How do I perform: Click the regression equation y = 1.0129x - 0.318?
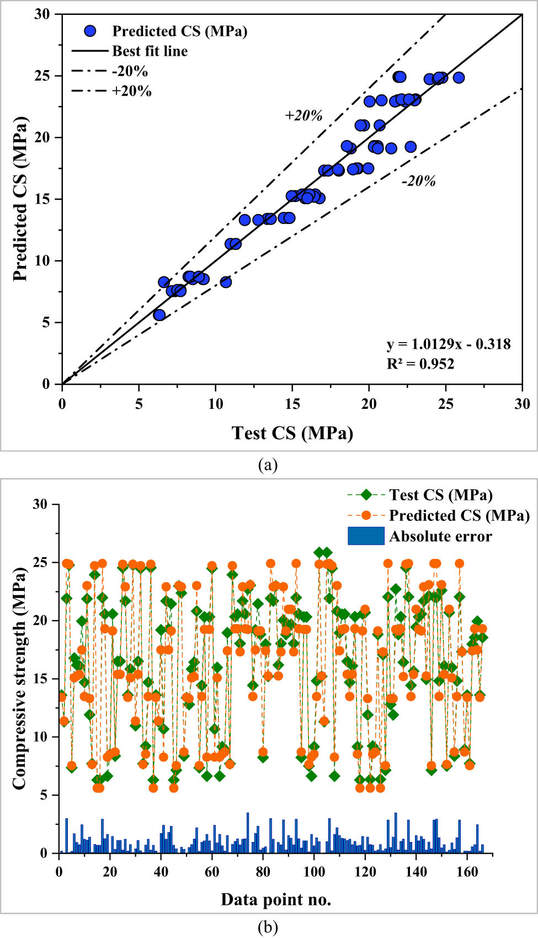tap(448, 344)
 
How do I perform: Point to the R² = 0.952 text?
tap(420, 364)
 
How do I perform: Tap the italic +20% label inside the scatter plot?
tap(303, 115)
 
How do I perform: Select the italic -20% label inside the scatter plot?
tap(418, 181)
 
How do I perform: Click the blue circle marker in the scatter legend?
tap(90, 31)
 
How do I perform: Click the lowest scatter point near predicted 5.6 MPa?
tap(159, 315)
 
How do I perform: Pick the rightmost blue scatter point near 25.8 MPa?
tap(459, 78)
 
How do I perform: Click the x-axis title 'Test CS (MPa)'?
tap(292, 433)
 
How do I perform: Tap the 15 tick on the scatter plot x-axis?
tap(292, 404)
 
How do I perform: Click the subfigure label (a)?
tap(268, 465)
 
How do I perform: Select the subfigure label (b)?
tap(268, 927)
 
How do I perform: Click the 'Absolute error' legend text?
tap(440, 536)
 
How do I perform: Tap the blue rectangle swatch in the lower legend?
tap(365, 536)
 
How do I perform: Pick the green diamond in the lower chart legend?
tap(366, 495)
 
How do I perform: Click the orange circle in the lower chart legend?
tap(366, 515)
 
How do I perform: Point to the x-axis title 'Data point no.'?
tap(276, 899)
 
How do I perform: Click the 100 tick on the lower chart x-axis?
tap(314, 872)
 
